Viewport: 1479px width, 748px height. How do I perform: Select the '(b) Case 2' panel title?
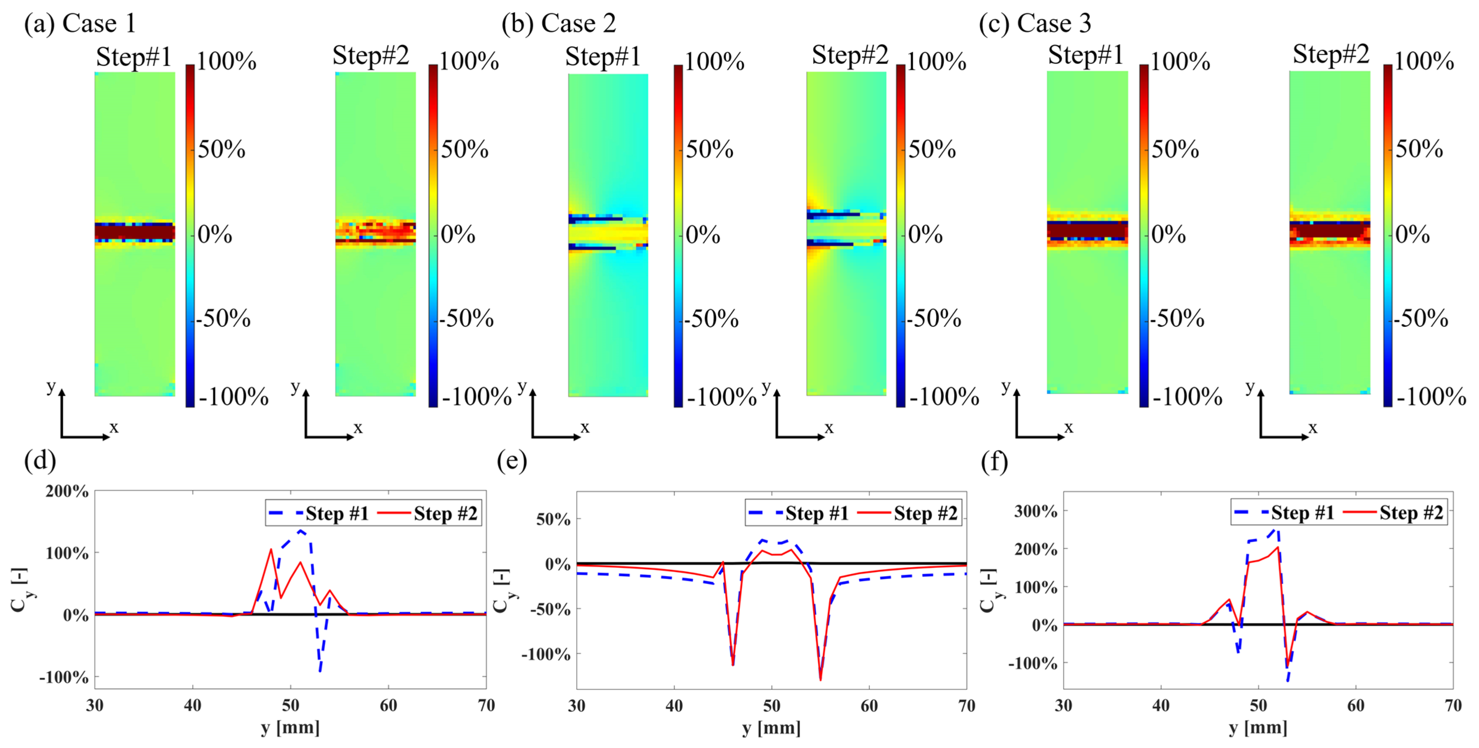559,23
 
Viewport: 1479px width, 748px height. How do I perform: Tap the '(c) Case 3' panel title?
1035,23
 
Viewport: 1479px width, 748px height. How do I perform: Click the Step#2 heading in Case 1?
371,56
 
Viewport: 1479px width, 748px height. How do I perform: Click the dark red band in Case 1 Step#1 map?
134,232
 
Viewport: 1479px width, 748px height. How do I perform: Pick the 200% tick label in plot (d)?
67,491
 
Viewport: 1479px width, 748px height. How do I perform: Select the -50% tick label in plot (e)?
550,609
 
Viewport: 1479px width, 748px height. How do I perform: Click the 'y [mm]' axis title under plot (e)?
771,728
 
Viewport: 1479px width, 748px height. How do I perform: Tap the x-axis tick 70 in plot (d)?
486,705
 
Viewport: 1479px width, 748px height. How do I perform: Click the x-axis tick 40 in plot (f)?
1160,705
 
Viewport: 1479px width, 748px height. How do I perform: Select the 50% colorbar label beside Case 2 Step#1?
709,149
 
